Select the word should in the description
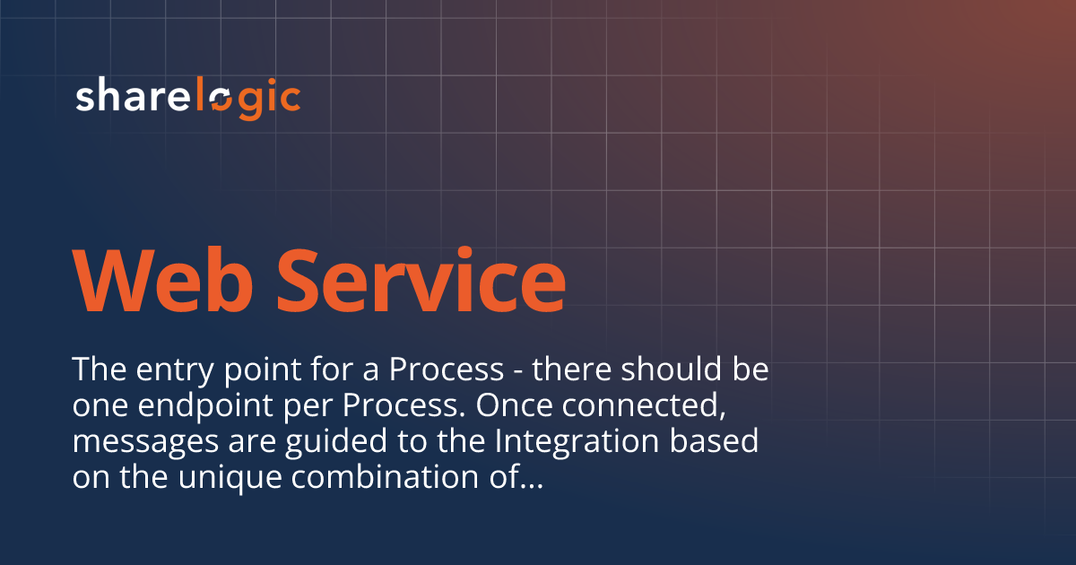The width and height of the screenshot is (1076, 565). click(645, 369)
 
